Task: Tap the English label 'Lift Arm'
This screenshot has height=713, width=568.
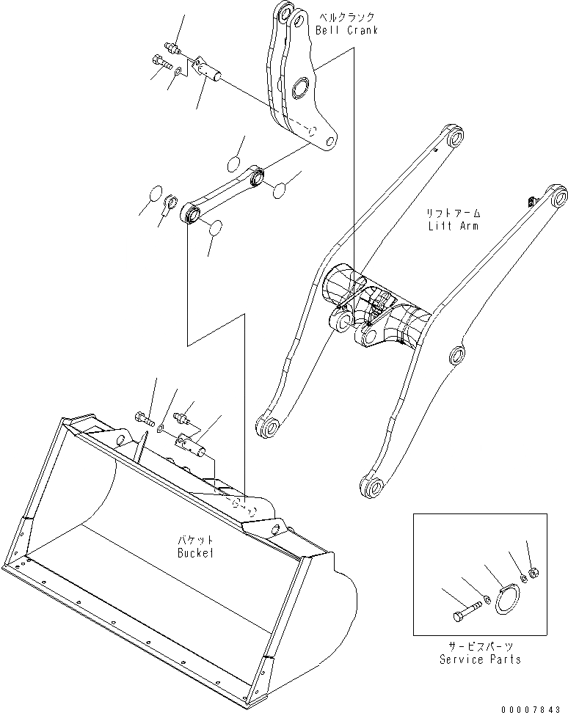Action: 454,226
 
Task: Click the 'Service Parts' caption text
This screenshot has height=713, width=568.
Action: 481,659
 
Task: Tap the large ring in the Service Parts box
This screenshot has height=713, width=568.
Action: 506,599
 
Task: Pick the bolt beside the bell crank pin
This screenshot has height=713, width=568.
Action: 161,63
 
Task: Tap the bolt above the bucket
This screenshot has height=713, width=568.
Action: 145,420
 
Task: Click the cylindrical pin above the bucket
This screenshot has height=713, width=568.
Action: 192,442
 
